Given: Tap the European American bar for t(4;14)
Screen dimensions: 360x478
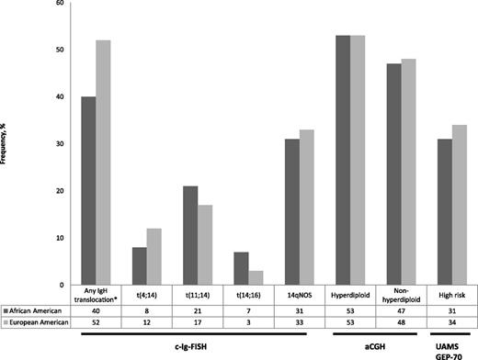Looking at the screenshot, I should tap(154, 256).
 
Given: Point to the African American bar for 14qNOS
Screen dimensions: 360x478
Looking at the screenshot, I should tap(291, 211).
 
